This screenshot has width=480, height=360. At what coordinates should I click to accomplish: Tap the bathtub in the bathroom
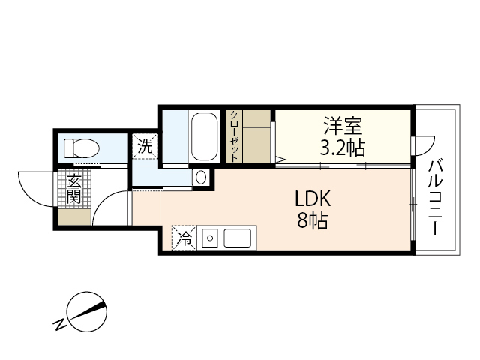(x=204, y=136)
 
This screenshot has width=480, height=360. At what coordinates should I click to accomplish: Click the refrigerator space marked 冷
(x=183, y=239)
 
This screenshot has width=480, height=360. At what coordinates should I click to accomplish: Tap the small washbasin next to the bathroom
(x=201, y=178)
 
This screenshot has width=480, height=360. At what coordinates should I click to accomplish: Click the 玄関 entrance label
(x=73, y=189)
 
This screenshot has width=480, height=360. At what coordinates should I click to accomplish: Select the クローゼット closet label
(x=234, y=136)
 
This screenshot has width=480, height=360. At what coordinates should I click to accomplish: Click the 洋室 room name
(x=343, y=124)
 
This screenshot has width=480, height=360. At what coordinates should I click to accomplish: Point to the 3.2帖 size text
(x=343, y=146)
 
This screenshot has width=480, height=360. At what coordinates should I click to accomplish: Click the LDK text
(x=312, y=199)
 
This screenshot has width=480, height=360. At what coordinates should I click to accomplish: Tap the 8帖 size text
(x=312, y=222)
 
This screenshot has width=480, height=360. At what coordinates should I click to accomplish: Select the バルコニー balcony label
(x=435, y=196)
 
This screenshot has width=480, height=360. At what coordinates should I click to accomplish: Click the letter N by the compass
(x=58, y=325)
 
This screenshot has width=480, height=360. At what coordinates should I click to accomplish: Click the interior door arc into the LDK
(x=111, y=206)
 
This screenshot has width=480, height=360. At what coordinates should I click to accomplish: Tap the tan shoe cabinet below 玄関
(x=74, y=218)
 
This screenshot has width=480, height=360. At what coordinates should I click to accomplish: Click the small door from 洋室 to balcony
(x=424, y=143)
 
